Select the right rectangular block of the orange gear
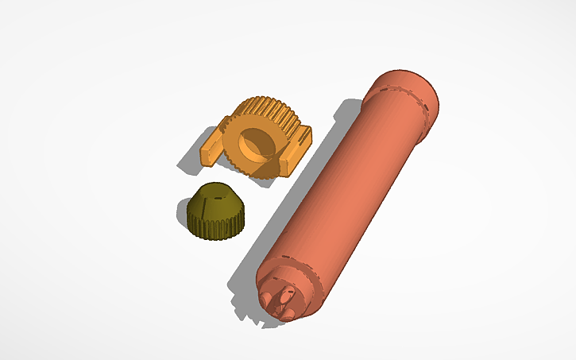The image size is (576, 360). pyautogui.click(x=295, y=150)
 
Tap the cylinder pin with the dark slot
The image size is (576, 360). pyautogui.click(x=280, y=298)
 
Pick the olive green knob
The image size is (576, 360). pyautogui.click(x=215, y=211)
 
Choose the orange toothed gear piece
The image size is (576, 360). pyautogui.click(x=254, y=135)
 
